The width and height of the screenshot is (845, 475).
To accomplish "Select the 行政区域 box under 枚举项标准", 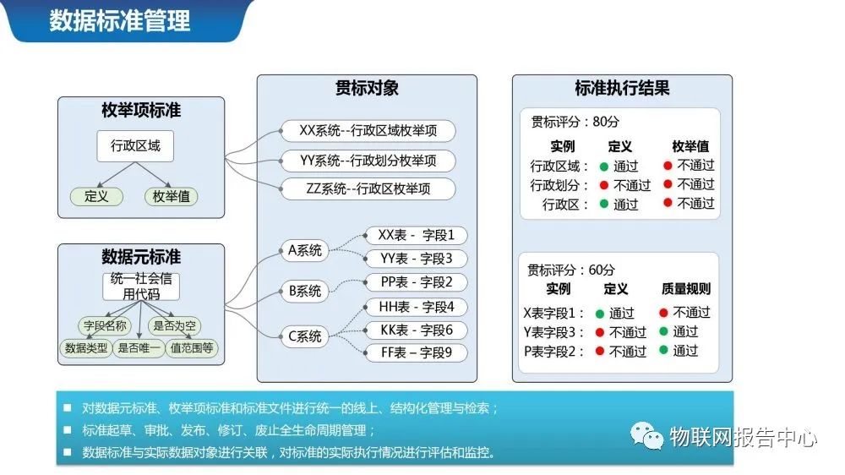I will [x=135, y=145].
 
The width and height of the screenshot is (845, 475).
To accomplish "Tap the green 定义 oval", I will [x=96, y=196].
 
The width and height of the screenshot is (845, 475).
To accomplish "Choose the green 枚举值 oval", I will [x=171, y=196].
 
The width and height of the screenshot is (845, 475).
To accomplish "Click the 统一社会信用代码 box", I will [x=141, y=286].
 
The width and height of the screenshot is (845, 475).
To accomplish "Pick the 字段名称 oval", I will [x=105, y=325].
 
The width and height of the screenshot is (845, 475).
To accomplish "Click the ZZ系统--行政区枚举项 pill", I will [x=368, y=188].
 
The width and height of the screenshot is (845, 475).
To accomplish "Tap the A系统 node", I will [x=305, y=250].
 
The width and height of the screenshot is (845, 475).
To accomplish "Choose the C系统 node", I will [x=305, y=336].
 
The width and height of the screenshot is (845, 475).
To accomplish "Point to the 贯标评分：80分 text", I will [x=570, y=122].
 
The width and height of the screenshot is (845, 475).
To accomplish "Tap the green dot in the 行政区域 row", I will [x=604, y=167].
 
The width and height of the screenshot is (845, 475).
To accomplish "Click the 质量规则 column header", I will [x=686, y=289].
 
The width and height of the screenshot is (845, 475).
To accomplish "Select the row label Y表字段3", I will [x=554, y=332].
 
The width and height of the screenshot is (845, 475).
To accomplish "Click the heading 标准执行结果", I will [x=622, y=88].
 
